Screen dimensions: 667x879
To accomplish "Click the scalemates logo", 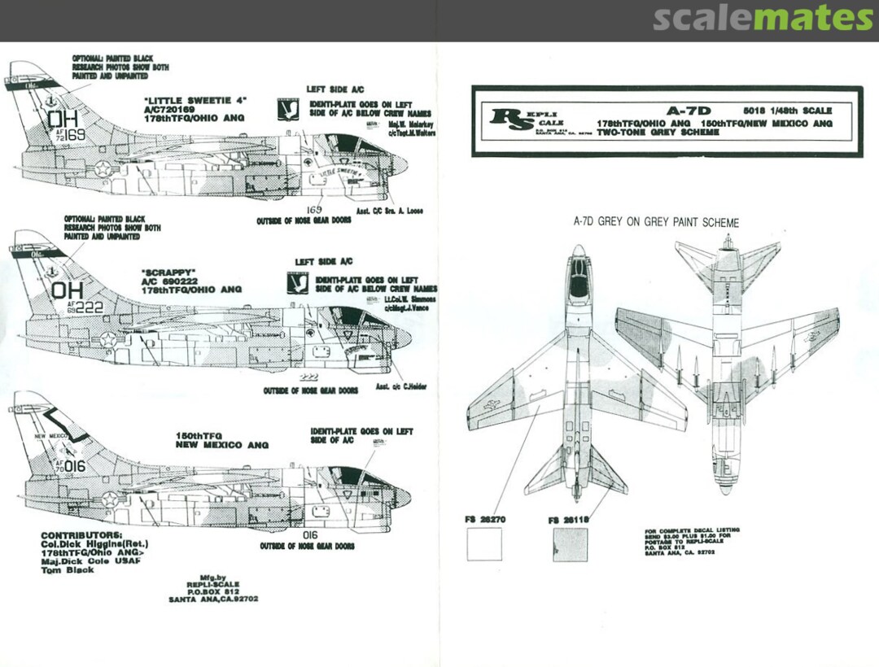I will click(x=763, y=18).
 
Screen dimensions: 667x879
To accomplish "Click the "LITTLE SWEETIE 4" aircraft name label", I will click(x=184, y=102).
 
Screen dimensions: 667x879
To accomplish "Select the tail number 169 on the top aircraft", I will click(x=76, y=135).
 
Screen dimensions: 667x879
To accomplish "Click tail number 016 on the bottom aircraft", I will click(x=74, y=466).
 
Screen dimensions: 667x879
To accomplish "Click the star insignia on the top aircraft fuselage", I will click(x=103, y=168).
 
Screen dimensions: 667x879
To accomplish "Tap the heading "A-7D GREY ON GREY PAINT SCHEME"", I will click(x=656, y=222).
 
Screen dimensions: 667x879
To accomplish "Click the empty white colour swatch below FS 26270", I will click(x=483, y=543).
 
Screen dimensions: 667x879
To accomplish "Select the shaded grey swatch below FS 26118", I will click(x=570, y=543).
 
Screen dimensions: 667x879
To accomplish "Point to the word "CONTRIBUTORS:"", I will click(x=80, y=536).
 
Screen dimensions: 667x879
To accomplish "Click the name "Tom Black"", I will click(x=67, y=570).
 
